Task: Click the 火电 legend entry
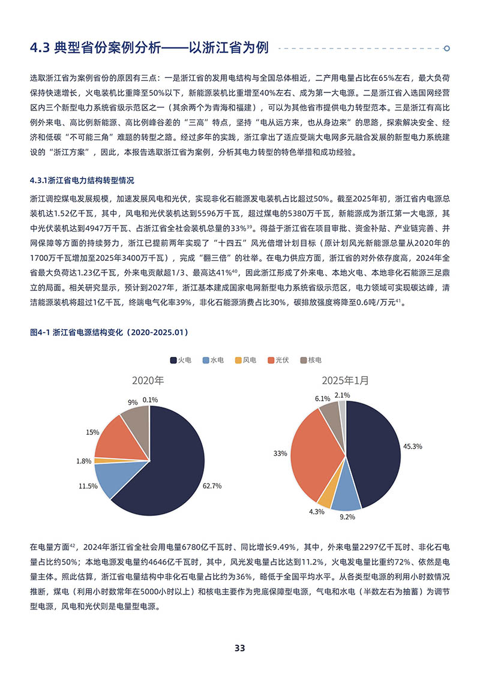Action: point(181,360)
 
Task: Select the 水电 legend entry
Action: point(214,360)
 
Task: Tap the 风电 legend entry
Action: point(246,360)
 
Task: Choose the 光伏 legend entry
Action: point(278,360)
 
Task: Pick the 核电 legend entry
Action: point(311,360)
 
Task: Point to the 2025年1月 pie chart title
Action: point(345,380)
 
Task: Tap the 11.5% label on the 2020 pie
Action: point(88,486)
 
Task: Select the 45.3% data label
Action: point(413,446)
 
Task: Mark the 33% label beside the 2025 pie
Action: point(280,453)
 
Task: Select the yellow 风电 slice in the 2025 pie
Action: point(325,493)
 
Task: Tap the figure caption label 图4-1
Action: point(40,331)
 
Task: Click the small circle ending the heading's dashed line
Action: point(446,48)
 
